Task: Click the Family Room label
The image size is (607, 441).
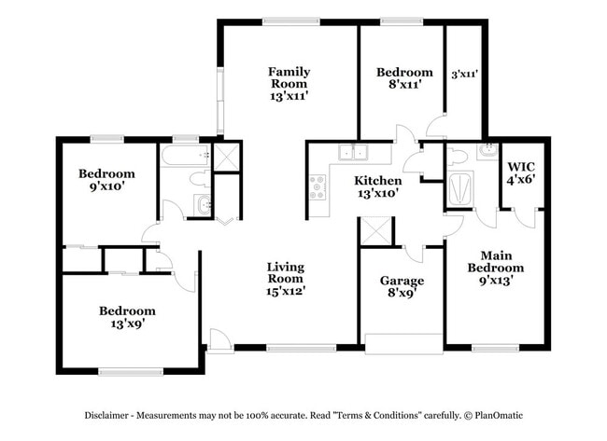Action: pyautogui.click(x=289, y=83)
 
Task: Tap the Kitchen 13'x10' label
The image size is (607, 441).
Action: pyautogui.click(x=377, y=186)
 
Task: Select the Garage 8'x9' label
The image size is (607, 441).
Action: pyautogui.click(x=402, y=287)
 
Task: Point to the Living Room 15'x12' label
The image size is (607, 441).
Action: pyautogui.click(x=286, y=278)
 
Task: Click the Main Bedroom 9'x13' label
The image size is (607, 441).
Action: pyautogui.click(x=501, y=268)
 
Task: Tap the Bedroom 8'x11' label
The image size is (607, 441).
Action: pyautogui.click(x=404, y=78)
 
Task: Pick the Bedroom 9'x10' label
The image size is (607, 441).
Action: pyautogui.click(x=106, y=179)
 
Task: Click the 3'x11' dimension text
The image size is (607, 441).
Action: pyautogui.click(x=464, y=74)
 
